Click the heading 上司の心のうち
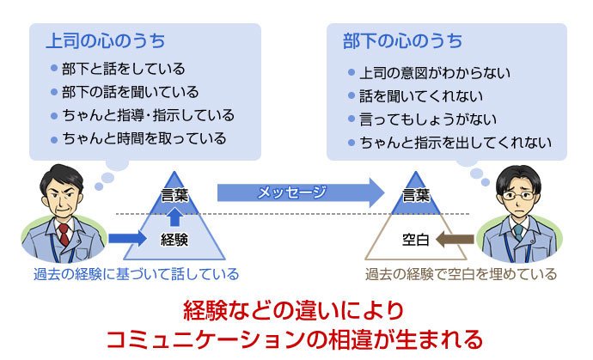[x=106, y=41]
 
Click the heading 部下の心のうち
[x=402, y=41]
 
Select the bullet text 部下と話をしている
[x=124, y=69]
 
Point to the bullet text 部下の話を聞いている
[x=131, y=92]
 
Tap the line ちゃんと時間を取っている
[x=144, y=139]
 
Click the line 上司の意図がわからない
[x=435, y=73]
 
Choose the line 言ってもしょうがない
[x=428, y=119]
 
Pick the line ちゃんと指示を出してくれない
[x=455, y=143]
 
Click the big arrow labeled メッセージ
[x=301, y=192]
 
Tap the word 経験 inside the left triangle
[x=174, y=240]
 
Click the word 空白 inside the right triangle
[x=415, y=240]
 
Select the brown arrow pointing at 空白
[x=455, y=240]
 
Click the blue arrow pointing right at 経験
[x=127, y=239]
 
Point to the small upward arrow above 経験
[x=174, y=217]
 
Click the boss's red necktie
[x=64, y=235]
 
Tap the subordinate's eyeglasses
[x=518, y=196]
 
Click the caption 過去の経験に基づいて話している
[x=136, y=274]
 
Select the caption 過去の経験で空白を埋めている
[x=461, y=274]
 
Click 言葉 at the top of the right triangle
[x=416, y=196]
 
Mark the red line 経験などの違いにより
[x=294, y=311]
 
